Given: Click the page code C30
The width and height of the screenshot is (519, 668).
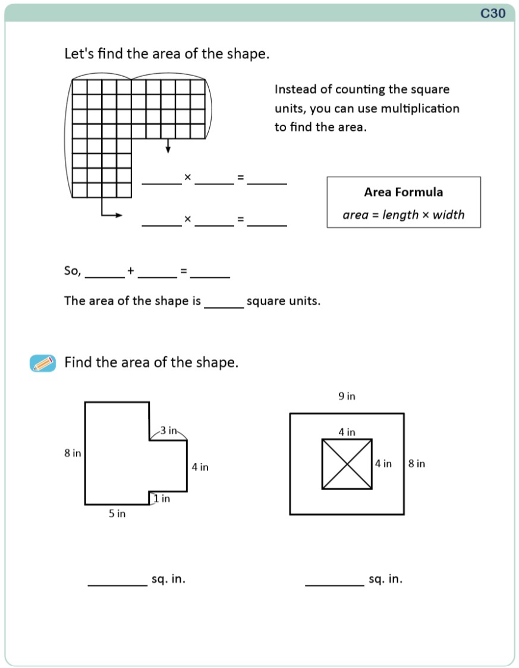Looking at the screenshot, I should coord(493,13).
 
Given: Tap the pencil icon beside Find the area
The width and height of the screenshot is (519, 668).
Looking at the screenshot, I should coord(42,363).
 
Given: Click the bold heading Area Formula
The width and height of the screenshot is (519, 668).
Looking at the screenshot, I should coord(403,192).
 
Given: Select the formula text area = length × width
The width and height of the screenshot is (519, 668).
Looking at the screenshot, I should coord(403,215).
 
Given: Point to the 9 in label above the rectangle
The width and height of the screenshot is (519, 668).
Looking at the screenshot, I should coord(347,396).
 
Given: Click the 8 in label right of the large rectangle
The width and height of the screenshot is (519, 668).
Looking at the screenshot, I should coord(416,463).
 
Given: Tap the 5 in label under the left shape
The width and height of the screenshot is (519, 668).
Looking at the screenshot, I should coord(117,513).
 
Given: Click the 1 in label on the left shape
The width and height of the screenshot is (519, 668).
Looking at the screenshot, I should coord(161,498).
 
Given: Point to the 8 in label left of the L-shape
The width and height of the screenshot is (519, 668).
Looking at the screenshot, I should coord(73,453).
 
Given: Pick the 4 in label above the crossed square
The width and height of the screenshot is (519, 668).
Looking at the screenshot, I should coord(347,432).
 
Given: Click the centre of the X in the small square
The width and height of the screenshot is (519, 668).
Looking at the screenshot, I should coord(347,464).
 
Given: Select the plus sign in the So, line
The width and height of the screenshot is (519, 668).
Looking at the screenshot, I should coord(131,271).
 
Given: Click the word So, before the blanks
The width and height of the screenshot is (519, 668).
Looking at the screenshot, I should coord(73,271).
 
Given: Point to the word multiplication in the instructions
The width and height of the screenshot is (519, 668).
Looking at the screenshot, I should coord(420,109).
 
